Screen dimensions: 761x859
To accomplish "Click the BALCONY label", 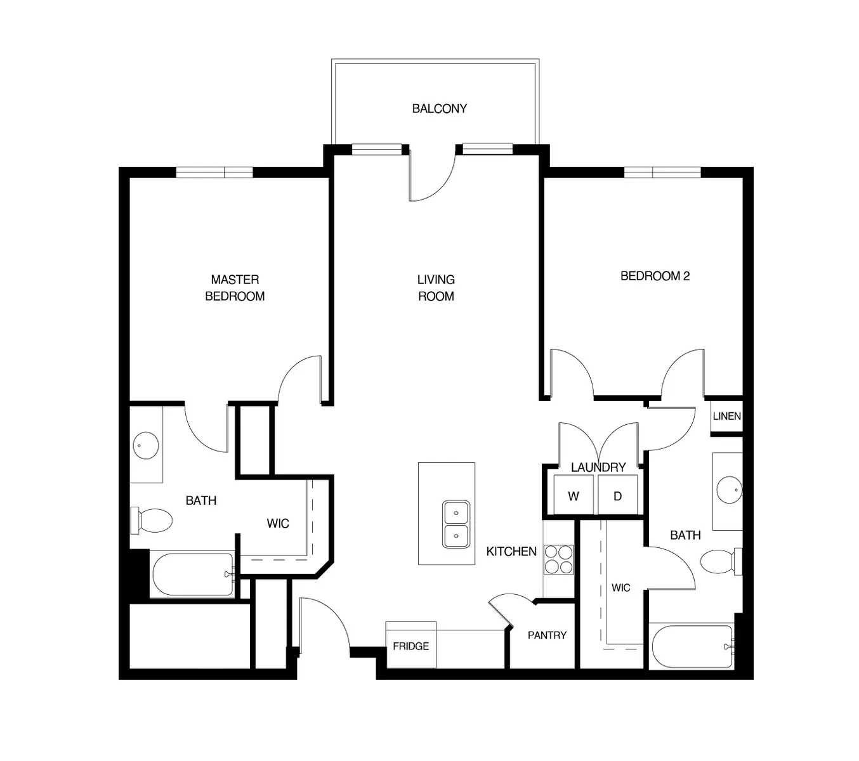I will pos(439,108).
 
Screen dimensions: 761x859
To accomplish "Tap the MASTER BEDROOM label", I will pos(235,288).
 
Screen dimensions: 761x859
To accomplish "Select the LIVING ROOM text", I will pos(436,288).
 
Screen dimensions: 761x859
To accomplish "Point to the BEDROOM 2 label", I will pos(655,276).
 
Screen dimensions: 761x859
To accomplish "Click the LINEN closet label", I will pos(726,417).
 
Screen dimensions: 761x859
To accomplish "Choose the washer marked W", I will pos(574,496).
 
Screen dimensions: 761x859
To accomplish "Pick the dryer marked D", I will pos(618,496).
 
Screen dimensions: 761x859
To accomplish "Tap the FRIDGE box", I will pos(410,646).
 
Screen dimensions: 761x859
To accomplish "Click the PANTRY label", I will pos(547,635).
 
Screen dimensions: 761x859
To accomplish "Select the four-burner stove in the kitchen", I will pos(559,560).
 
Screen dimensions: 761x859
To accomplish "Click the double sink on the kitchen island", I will pos(456,523).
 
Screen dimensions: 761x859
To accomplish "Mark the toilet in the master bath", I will pos(152,521).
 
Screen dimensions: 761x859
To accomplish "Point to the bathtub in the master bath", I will pos(193,575).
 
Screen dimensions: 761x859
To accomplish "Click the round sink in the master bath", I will pos(146,446).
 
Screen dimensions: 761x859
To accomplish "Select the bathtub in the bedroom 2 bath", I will pos(692,647).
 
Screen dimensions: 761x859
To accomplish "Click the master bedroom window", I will pos(214,172).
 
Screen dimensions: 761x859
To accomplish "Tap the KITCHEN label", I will pos(511,552).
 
